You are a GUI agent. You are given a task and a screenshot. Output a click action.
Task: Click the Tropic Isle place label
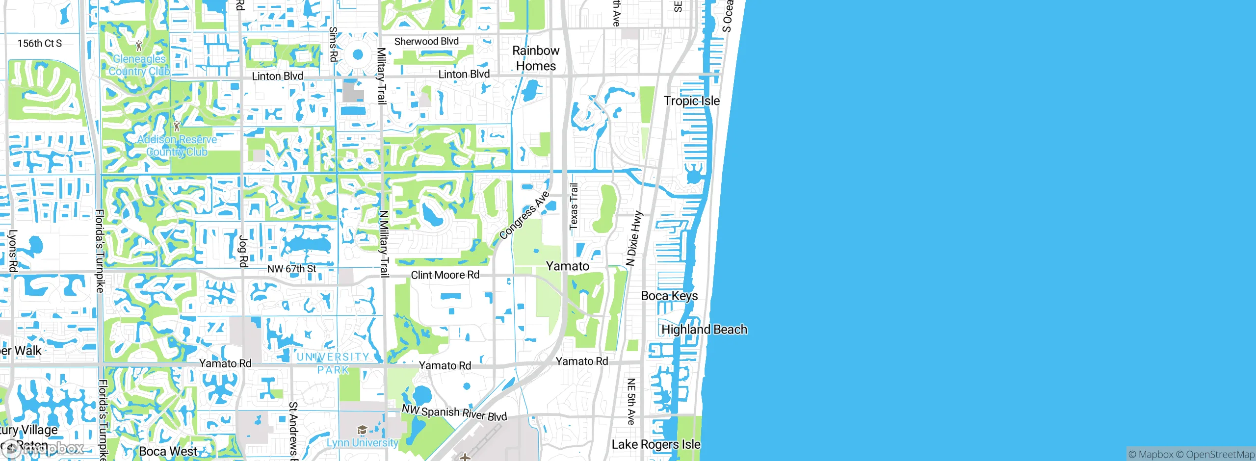691,101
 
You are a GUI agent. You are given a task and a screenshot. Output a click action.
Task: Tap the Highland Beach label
704,330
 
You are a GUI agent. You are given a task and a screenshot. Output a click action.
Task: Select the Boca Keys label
669,296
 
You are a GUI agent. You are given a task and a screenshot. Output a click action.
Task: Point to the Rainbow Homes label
536,58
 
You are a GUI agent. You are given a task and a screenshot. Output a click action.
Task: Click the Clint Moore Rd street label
445,275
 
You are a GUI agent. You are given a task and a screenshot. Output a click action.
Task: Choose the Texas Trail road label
574,206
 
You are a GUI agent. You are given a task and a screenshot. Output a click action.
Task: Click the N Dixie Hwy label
634,238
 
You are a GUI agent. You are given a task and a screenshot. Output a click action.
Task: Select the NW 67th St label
291,269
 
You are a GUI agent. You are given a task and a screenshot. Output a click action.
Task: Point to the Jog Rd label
243,251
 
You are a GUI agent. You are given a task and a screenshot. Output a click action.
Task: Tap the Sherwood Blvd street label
426,42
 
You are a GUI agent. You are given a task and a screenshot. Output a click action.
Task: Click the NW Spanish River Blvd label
454,412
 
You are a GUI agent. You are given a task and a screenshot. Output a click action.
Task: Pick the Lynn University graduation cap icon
362,430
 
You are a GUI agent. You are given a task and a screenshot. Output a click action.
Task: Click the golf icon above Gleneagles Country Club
139,47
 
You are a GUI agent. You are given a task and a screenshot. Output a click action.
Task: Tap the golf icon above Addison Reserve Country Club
177,126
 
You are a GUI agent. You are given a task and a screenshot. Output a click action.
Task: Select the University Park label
333,363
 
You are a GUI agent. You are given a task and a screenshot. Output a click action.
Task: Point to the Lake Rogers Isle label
655,444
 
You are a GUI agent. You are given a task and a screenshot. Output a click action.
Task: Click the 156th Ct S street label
40,43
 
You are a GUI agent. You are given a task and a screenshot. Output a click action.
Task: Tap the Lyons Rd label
13,251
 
